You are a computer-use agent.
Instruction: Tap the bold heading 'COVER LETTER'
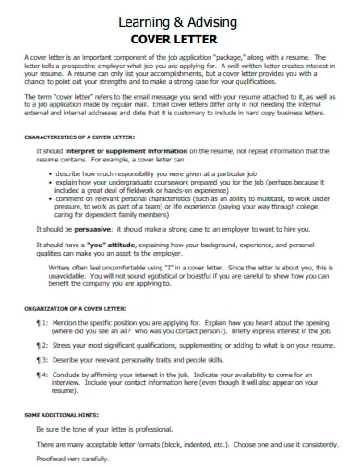(x=180, y=39)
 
